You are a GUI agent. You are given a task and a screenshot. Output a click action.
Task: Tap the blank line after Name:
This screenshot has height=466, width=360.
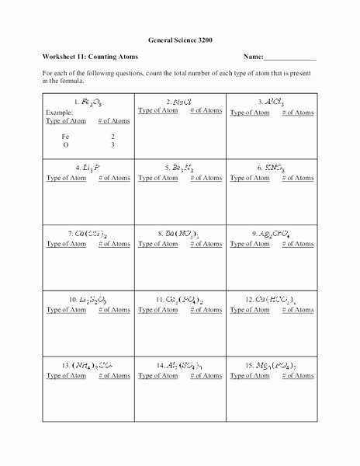[290, 57]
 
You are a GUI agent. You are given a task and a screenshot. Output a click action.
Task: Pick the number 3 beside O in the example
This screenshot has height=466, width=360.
[112, 144]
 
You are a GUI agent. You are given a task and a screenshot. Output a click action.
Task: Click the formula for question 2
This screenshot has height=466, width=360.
[183, 102]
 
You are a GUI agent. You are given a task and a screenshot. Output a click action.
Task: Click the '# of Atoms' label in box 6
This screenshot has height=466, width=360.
[298, 178]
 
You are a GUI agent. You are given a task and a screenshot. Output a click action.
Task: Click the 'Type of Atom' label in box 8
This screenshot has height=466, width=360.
[157, 244]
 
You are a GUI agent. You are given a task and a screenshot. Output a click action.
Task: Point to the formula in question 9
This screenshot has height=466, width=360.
[277, 233]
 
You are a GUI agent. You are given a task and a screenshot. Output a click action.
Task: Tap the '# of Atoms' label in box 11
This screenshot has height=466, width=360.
[206, 310]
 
